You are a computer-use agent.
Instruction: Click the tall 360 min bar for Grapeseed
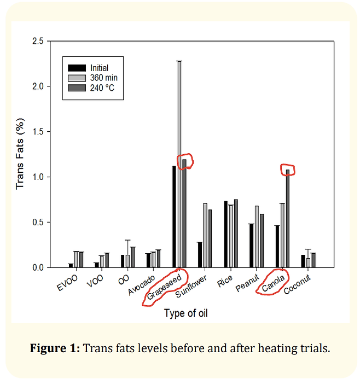point(179,164)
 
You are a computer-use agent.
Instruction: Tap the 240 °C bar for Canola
point(288,219)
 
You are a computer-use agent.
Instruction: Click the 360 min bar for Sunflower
point(205,235)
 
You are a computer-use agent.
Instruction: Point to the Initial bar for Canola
point(277,246)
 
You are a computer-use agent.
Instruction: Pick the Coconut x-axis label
point(297,285)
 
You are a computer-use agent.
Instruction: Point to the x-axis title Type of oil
point(185,313)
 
